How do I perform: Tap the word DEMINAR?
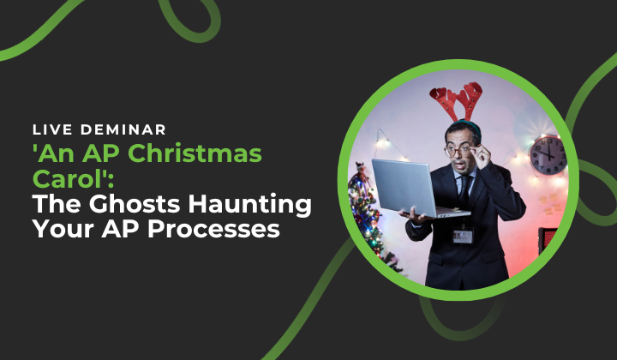[x=123, y=129]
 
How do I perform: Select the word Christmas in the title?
[x=195, y=153]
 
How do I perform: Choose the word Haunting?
[x=249, y=206]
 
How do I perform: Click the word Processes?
[x=213, y=229]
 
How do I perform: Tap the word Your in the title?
[x=63, y=229]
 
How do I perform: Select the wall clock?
[x=548, y=154]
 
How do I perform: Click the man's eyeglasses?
[x=459, y=150]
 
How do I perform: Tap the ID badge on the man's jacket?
[x=463, y=236]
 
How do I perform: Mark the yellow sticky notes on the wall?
[x=550, y=203]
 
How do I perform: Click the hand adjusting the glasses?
[x=481, y=154]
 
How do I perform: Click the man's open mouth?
[x=458, y=165]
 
